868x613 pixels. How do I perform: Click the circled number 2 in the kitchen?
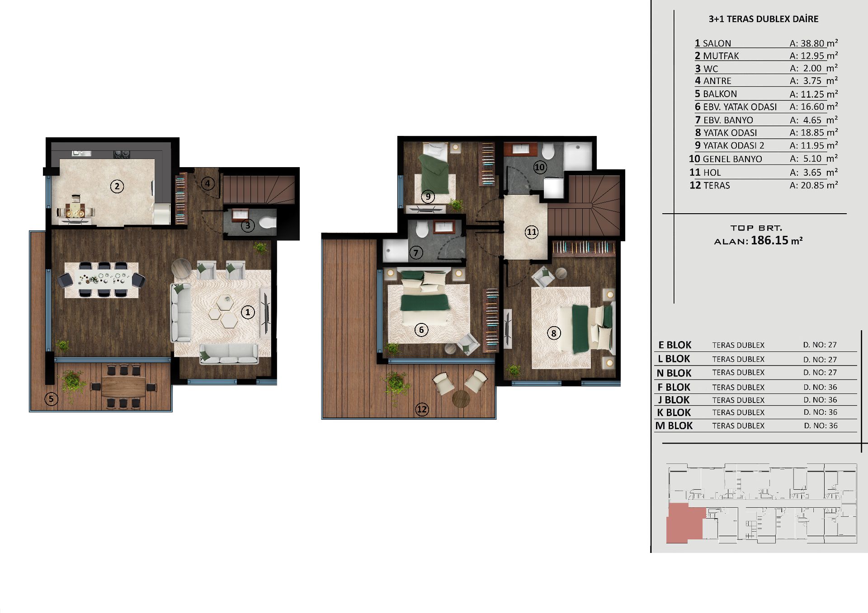pyautogui.click(x=117, y=186)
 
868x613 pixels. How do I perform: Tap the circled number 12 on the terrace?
pyautogui.click(x=422, y=409)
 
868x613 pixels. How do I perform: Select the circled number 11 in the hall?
pyautogui.click(x=532, y=232)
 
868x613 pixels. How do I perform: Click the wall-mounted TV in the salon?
pyautogui.click(x=265, y=313)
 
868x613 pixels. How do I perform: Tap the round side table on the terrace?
pyautogui.click(x=461, y=398)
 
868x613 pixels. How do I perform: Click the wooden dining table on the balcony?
pyautogui.click(x=124, y=387)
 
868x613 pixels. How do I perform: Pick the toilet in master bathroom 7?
pyautogui.click(x=422, y=229)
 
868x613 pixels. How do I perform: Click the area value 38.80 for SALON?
pyautogui.click(x=813, y=43)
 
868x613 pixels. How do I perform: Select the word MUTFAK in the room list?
pyautogui.click(x=721, y=56)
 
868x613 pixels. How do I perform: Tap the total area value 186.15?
pyautogui.click(x=769, y=240)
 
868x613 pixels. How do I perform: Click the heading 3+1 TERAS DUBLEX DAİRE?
pyautogui.click(x=764, y=19)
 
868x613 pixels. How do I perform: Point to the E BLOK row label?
pyautogui.click(x=675, y=345)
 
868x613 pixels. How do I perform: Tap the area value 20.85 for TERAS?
pyautogui.click(x=813, y=185)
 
